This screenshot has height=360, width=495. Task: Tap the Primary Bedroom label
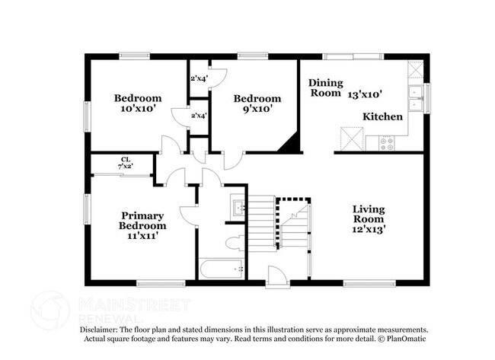[x=142, y=220]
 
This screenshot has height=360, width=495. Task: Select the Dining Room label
[x=325, y=88]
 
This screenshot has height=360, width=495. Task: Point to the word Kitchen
[x=382, y=116]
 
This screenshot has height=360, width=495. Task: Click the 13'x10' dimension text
[x=365, y=94]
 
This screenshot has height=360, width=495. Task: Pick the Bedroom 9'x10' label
[x=257, y=103]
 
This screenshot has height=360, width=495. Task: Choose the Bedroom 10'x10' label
[x=138, y=103]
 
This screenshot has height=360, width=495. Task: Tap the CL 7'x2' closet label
[x=124, y=162]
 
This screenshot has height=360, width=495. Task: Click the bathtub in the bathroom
[x=222, y=268]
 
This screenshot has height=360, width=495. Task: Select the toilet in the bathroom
[x=236, y=244]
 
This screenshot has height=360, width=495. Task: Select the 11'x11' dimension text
[x=142, y=236]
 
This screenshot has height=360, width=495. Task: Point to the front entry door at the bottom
[x=276, y=279]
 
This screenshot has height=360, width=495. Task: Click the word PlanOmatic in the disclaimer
[x=404, y=338]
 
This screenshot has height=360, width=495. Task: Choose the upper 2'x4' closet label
[x=198, y=78]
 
